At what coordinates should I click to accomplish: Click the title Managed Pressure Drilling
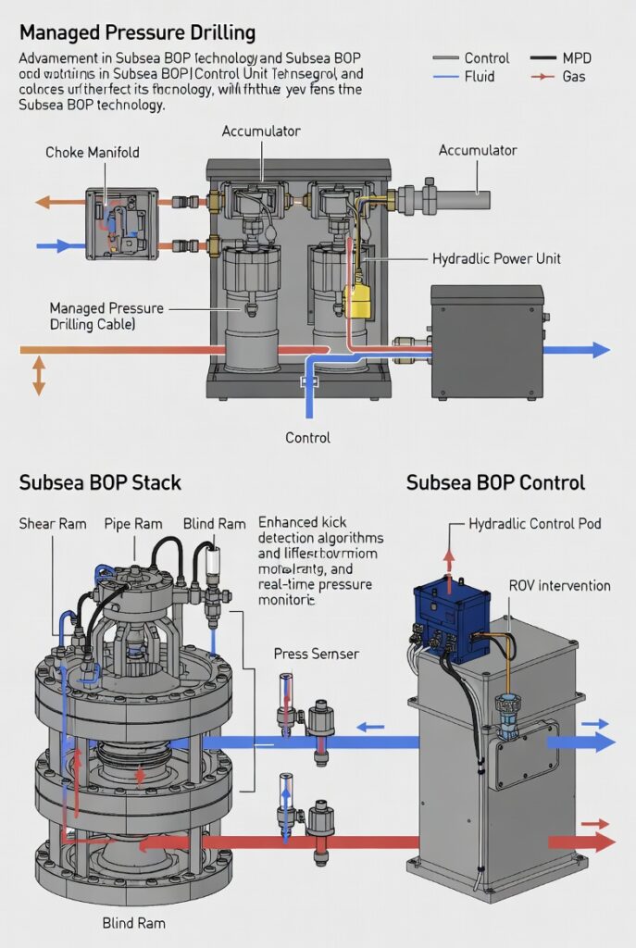[137, 33]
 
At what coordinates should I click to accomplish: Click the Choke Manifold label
[93, 152]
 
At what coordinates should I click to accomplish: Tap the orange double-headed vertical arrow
[38, 377]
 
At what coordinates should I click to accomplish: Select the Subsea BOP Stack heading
[100, 482]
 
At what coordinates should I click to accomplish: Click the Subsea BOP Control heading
[495, 482]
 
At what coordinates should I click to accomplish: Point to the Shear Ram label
[53, 524]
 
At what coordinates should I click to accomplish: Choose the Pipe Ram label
[133, 524]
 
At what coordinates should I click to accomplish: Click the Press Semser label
[317, 654]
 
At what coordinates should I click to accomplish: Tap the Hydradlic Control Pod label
[535, 524]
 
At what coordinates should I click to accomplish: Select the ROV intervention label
[559, 585]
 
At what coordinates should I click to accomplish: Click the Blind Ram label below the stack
[134, 923]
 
